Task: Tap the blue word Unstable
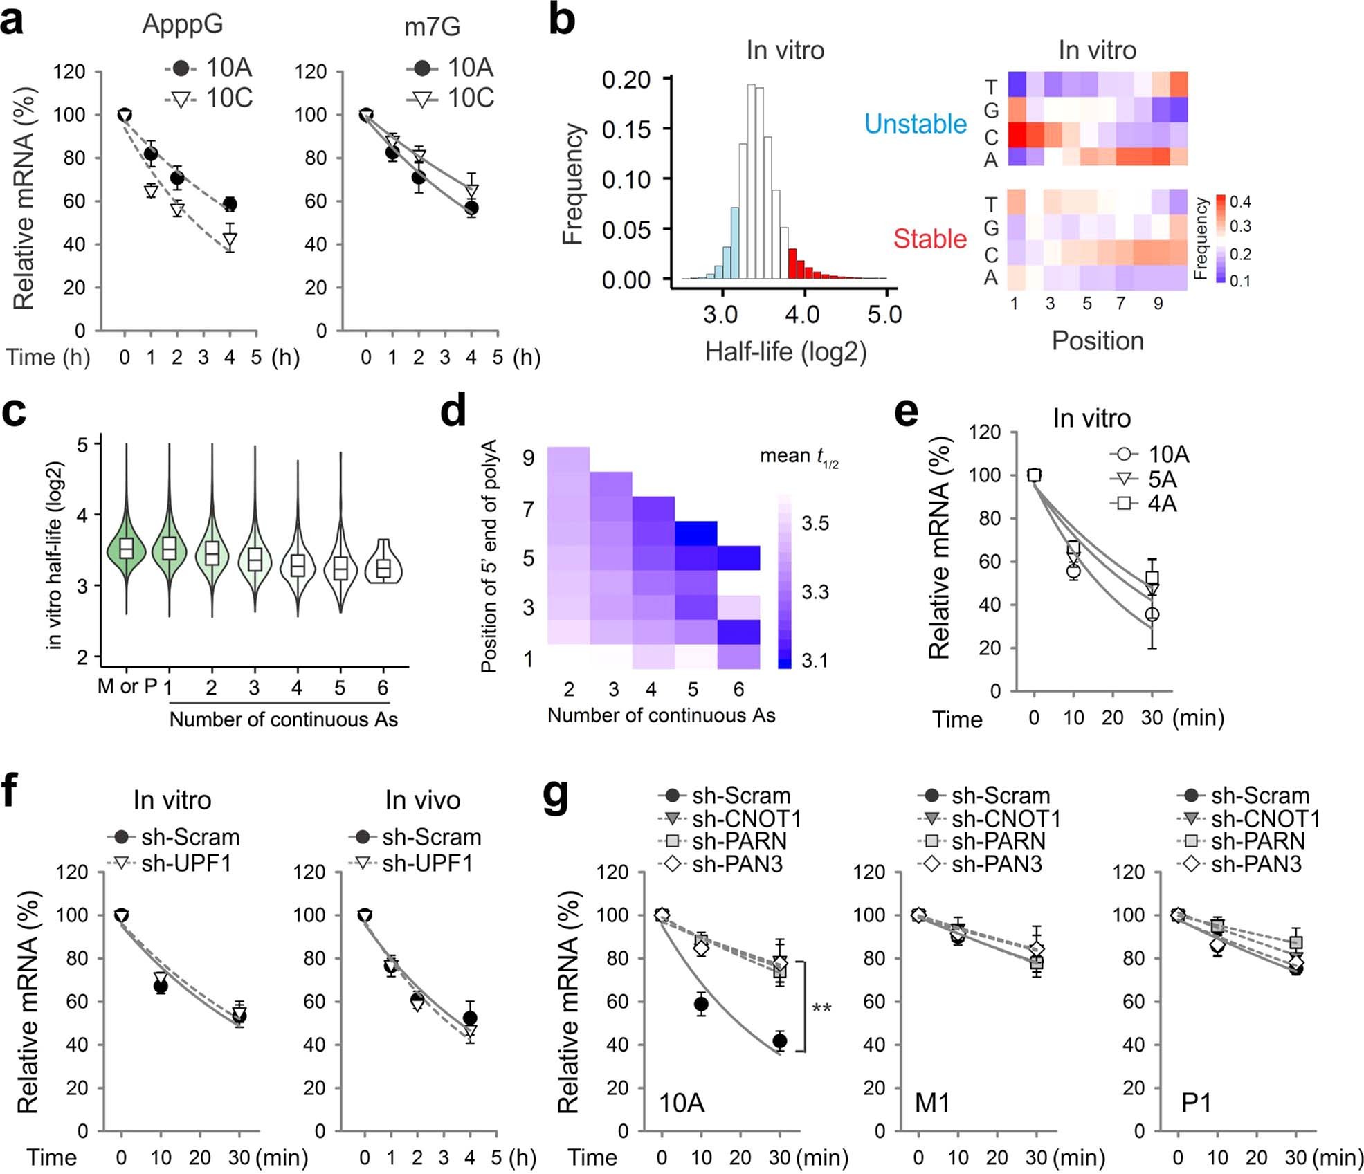915,124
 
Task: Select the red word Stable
929,239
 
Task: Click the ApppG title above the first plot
183,24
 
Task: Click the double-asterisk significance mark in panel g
821,1008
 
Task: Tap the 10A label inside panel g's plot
682,1103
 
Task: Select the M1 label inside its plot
932,1103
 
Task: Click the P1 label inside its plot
1196,1103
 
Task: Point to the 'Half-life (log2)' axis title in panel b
785,352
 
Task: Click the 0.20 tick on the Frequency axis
626,80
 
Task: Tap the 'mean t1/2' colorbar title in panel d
799,457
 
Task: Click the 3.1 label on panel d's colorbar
815,661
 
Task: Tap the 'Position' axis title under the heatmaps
1097,341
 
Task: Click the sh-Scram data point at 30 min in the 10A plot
780,1040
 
